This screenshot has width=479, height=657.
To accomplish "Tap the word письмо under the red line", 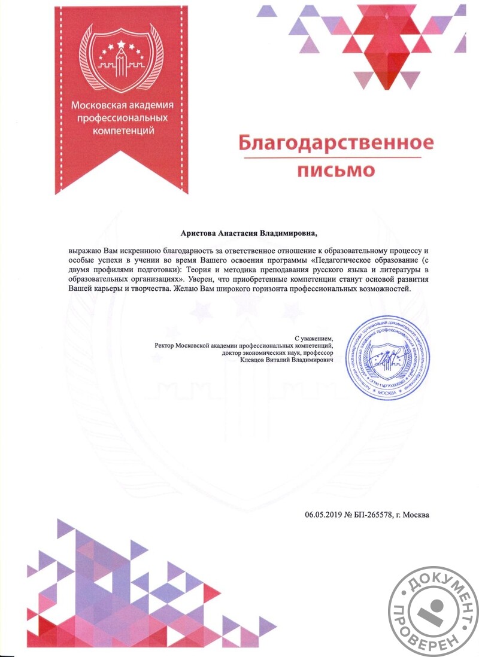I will (336, 171).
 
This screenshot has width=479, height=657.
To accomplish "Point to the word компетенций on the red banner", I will (122, 129).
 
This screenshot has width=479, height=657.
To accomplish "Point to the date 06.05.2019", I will (323, 514).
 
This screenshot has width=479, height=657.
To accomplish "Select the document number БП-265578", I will (373, 514).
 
